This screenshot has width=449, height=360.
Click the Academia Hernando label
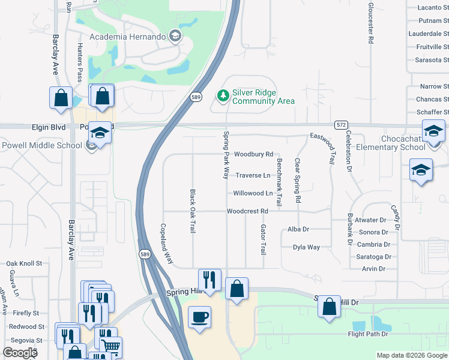tap(127, 37)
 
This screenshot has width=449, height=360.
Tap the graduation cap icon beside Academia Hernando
tap(175, 36)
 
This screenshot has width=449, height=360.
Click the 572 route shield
tap(341, 124)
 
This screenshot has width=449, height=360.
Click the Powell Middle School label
tap(41, 145)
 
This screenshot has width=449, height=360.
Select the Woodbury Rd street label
tap(253, 154)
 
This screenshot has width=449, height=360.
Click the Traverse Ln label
tap(252, 175)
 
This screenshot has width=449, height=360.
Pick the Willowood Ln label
tap(253, 193)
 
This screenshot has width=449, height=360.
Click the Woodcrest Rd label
tap(247, 211)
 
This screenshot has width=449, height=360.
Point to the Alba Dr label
tap(298, 229)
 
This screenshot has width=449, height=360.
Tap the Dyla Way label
tap(306, 247)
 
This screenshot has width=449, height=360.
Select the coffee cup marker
tap(199, 316)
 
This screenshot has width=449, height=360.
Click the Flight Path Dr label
tap(367, 334)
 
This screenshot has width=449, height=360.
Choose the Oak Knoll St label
tap(24, 263)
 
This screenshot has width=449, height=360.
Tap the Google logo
tap(20, 353)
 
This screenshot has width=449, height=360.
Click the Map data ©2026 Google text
tap(411, 355)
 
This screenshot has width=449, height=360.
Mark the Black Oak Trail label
tap(193, 212)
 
